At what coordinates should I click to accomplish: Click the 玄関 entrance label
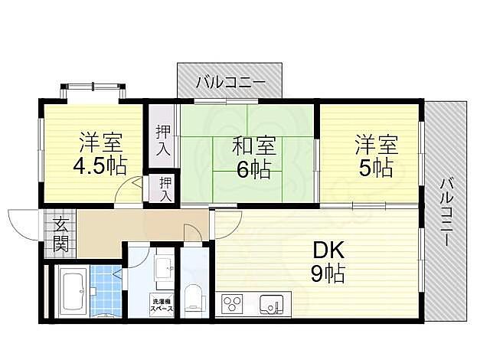point(60,235)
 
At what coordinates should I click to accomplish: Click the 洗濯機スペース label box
point(162,303)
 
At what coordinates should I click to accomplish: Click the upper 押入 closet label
point(162,140)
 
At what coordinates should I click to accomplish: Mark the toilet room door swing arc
point(194,232)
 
